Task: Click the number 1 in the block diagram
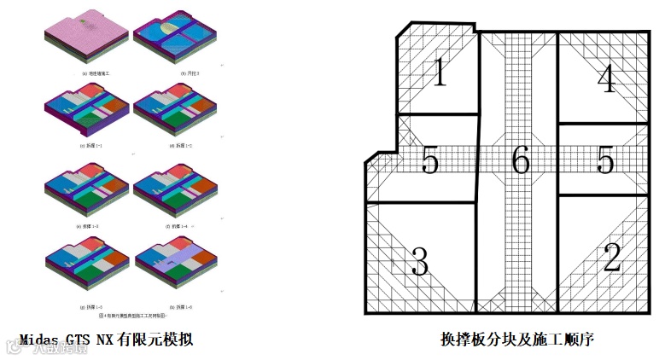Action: pos(439,74)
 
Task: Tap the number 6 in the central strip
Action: pos(521,160)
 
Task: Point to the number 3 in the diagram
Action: pos(419,263)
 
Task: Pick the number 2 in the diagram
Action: pos(611,258)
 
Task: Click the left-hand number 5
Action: pos(430,160)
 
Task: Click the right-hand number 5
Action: pos(606,160)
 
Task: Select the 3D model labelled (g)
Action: pos(85,270)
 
